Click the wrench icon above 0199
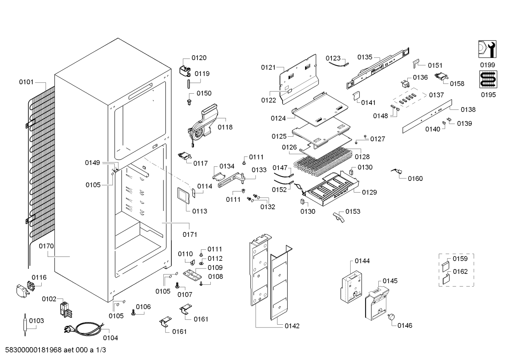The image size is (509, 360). point(487,49)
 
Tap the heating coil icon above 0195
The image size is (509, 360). point(487,79)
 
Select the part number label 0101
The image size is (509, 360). point(26,82)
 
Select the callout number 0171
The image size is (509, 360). point(190,234)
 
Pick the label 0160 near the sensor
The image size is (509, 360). point(415,178)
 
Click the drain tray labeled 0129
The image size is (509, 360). point(332,189)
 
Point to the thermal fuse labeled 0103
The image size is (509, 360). point(25,322)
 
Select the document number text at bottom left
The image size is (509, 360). point(54,350)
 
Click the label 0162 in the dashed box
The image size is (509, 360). point(460,271)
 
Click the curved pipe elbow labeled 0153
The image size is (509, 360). point(338,217)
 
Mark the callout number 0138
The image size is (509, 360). point(468,110)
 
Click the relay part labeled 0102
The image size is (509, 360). point(64,309)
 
